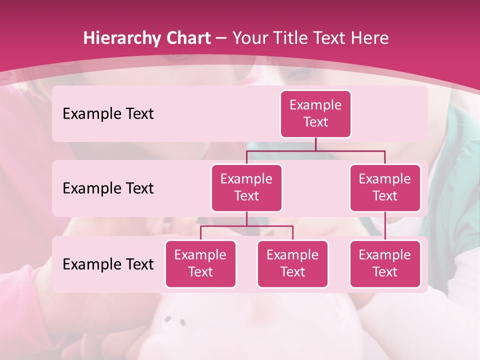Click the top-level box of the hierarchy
coord(315,114)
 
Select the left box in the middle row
coord(246,188)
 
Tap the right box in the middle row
coord(385,188)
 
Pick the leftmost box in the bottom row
coord(200,264)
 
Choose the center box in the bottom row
coord(292,264)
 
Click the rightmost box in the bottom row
coord(385,264)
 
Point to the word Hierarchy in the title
coord(122,38)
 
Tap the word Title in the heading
coord(292,38)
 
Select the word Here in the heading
coord(370,38)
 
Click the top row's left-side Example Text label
coord(108,114)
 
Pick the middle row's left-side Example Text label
coord(108,188)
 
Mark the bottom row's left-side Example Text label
coord(108,264)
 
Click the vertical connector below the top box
coord(315,144)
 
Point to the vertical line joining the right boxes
coord(385,226)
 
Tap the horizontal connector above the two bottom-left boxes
coord(246,226)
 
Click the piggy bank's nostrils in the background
coord(175,320)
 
